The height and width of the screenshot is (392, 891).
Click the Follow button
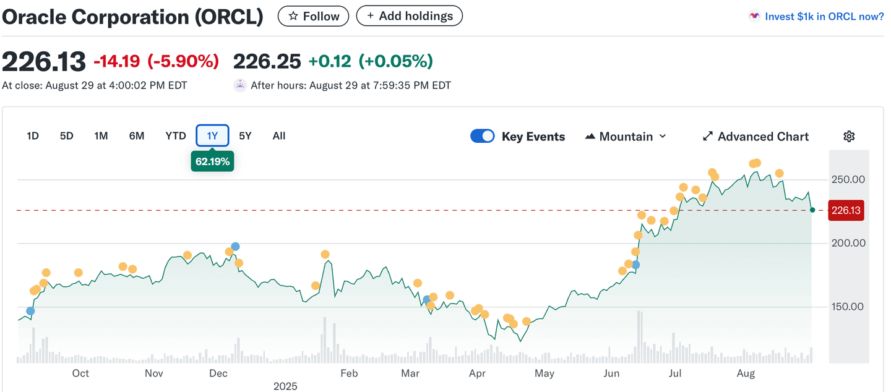(x=313, y=16)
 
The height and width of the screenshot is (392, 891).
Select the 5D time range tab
(x=66, y=136)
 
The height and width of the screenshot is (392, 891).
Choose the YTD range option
(x=176, y=136)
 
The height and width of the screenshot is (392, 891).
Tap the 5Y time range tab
(x=245, y=136)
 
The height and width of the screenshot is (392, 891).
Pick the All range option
(x=279, y=136)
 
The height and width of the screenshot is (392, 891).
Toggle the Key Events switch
(x=483, y=136)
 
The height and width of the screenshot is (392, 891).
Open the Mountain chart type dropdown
(x=626, y=137)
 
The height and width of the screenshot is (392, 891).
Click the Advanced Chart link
(x=755, y=137)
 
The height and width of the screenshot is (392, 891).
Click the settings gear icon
(x=849, y=137)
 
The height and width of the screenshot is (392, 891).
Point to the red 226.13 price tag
(x=846, y=211)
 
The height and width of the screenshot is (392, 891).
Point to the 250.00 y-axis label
(x=848, y=180)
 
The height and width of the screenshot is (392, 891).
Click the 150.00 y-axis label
(x=848, y=307)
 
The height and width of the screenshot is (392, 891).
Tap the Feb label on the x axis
(x=349, y=373)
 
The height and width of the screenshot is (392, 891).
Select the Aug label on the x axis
(x=746, y=373)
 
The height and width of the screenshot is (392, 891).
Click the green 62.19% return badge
(x=212, y=162)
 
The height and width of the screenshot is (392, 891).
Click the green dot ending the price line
(x=812, y=210)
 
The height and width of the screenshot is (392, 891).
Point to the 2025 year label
(x=285, y=386)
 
